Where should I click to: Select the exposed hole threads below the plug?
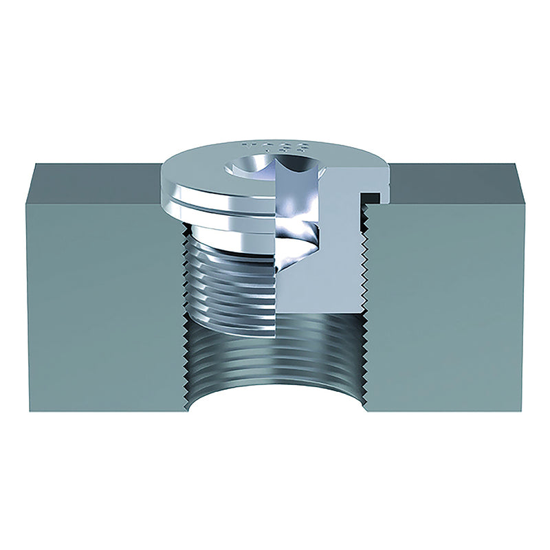[275, 357]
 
